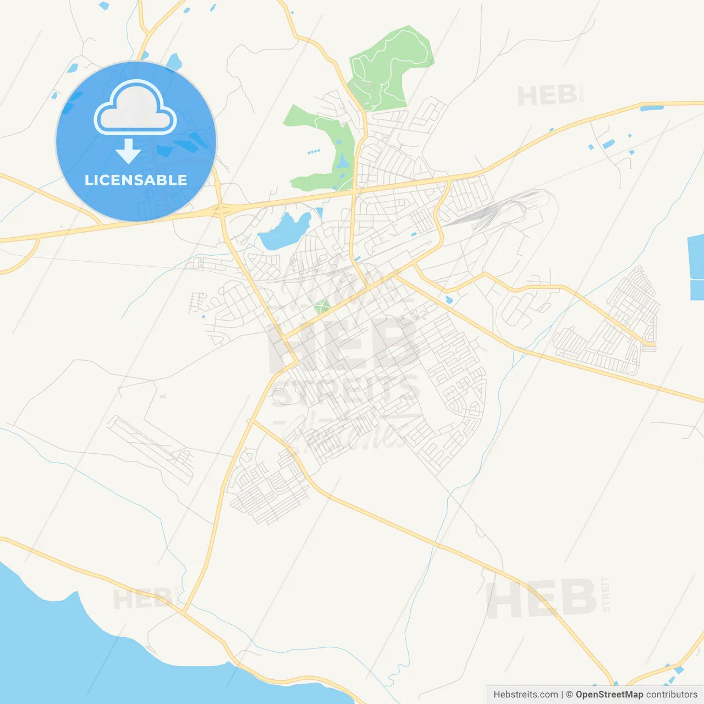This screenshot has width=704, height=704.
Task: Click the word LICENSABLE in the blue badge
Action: pos(136,180)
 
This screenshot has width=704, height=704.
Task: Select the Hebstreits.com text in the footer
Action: pos(525,695)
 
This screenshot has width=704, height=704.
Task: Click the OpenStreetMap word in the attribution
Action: pos(609,695)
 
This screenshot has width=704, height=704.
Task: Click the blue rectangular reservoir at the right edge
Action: pos(696,267)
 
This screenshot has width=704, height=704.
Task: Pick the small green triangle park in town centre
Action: pos(322,306)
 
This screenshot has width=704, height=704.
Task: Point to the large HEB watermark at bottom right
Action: pos(542,598)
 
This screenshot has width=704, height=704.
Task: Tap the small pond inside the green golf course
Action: pos(342,161)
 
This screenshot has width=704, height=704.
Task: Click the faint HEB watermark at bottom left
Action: pos(142,598)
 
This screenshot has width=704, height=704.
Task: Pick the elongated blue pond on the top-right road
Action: pos(651,108)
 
